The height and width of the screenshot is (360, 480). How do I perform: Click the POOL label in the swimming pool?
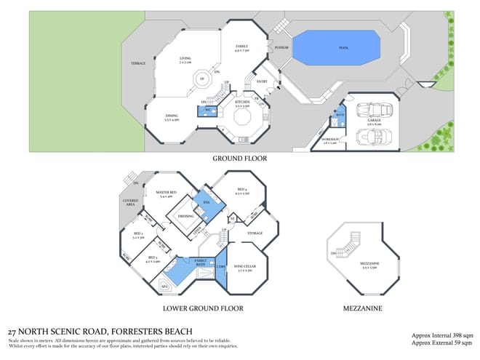coord(343,48)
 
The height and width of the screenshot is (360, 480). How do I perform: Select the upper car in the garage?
coord(378,111)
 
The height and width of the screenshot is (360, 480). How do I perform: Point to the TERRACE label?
coord(137,63)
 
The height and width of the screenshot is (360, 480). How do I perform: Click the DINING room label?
coord(172,117)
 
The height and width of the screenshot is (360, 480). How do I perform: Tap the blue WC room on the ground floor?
coord(207,111)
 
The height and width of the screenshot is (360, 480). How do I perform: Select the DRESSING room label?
coord(185,216)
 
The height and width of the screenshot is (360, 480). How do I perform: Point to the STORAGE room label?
coord(255,233)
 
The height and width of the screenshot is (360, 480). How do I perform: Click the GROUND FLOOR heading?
coord(239,158)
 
